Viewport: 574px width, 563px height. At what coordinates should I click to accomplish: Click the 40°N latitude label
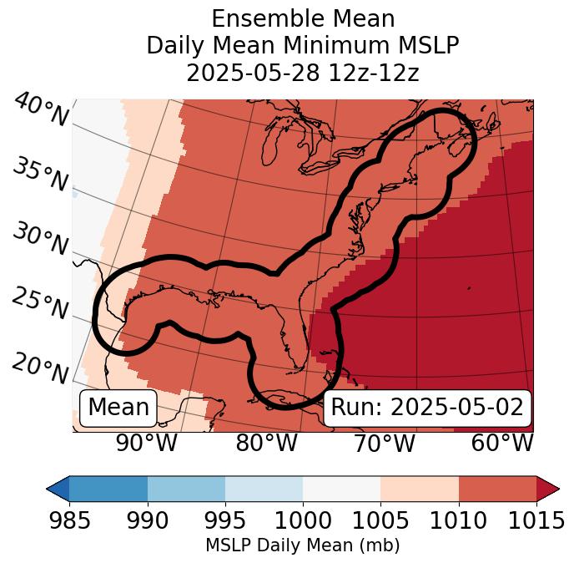41,111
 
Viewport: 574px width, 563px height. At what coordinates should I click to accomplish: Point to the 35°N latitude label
39,175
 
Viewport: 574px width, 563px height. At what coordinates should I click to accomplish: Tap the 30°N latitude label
39,240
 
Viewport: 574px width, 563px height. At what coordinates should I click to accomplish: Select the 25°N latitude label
39,304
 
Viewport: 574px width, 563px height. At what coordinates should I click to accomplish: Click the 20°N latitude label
39,368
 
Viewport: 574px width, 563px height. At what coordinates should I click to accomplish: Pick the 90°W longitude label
146,444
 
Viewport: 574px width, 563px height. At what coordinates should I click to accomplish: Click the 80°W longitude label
266,444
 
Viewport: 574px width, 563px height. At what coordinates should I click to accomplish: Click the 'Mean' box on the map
118,408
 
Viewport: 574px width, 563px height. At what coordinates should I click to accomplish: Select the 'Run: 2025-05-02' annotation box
427,408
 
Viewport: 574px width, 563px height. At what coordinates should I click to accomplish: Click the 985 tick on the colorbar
69,520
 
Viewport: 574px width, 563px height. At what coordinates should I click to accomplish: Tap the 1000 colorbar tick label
303,520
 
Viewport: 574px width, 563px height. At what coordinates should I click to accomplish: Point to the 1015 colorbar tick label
536,520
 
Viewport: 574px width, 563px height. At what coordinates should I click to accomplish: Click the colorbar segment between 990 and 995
186,488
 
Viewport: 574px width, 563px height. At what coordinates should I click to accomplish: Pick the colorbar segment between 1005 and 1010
420,488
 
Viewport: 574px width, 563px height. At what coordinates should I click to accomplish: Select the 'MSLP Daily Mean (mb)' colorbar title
302,546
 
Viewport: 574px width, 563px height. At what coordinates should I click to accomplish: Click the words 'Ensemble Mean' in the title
303,18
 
